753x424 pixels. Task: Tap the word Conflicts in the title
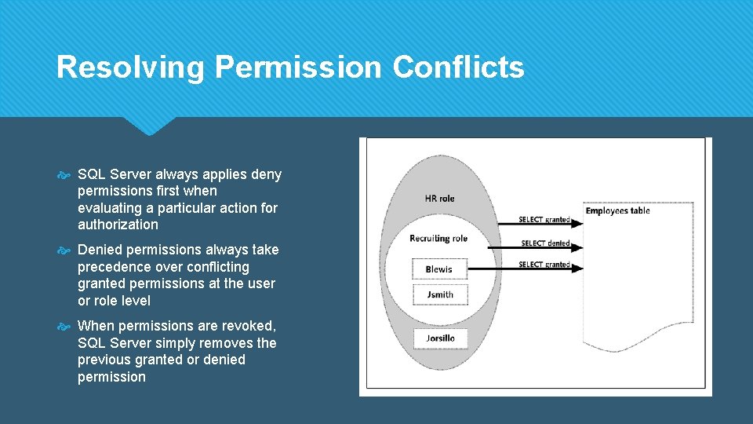(x=458, y=68)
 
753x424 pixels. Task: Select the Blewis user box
(x=439, y=269)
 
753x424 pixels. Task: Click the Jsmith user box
(x=439, y=294)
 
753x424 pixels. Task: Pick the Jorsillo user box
(x=439, y=338)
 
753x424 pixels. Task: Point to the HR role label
(x=439, y=199)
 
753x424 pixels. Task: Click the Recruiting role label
(x=438, y=239)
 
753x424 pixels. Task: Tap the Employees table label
(x=617, y=210)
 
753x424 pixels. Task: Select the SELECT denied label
(x=545, y=243)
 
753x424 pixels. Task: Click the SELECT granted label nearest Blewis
(x=544, y=265)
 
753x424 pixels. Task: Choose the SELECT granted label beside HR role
(x=544, y=220)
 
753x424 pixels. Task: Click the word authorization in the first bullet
(x=118, y=225)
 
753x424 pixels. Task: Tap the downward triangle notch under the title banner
(x=148, y=126)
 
